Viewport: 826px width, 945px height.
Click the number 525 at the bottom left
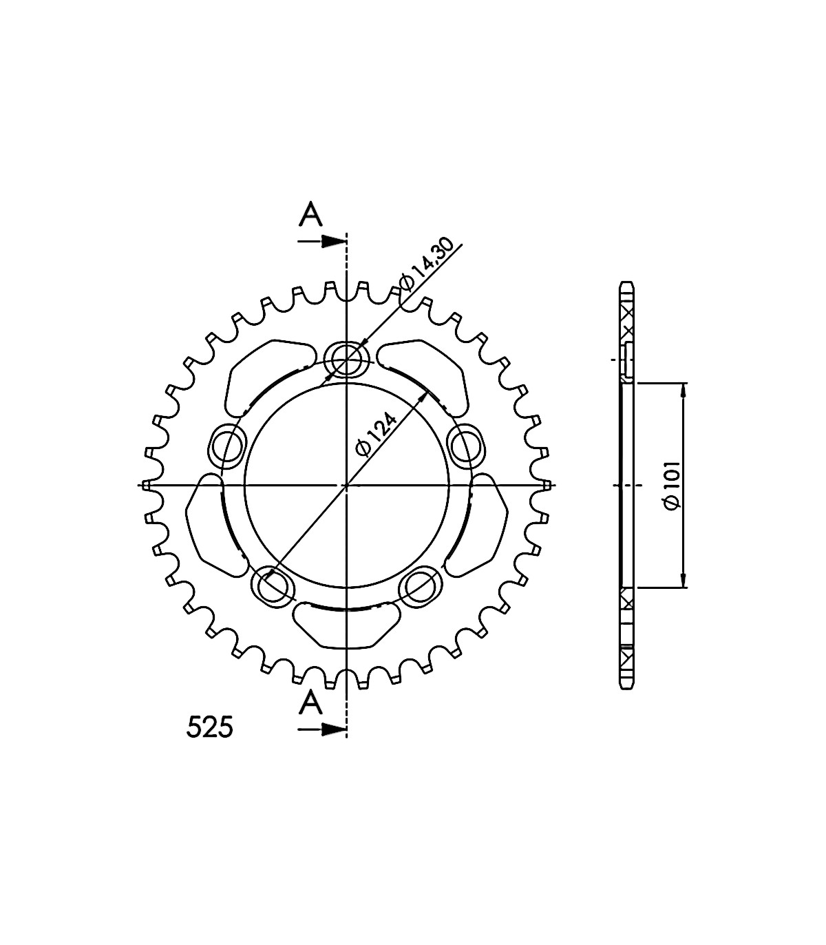click(210, 728)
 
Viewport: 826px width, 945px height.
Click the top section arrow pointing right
click(322, 241)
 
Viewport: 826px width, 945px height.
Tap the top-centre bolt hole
click(347, 359)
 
